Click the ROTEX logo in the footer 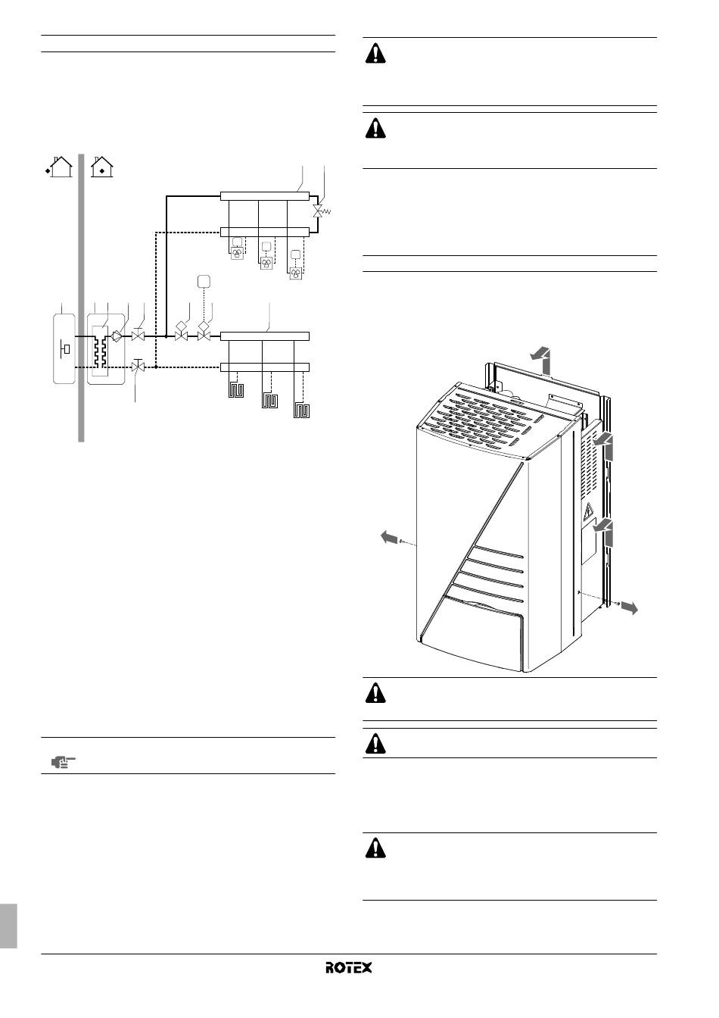pos(348,967)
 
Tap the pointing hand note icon pos(63,762)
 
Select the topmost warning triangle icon pos(375,53)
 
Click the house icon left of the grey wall pos(59,167)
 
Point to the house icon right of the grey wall pos(101,167)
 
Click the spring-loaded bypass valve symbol pos(320,211)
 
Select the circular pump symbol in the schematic pos(117,336)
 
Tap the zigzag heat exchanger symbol pos(101,351)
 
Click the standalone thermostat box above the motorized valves pos(204,281)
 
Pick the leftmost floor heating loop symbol pos(236,390)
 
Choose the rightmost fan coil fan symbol pos(296,273)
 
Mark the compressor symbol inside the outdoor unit pos(65,349)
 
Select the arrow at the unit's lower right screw pos(629,607)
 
